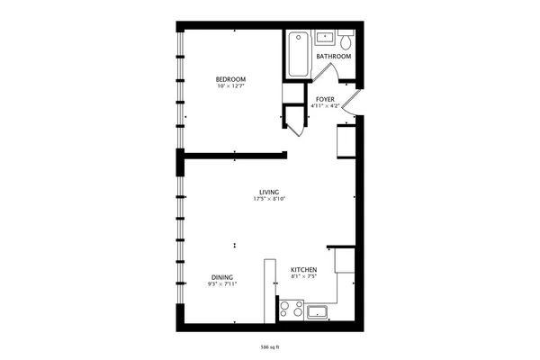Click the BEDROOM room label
click(230, 80)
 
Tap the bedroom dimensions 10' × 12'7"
click(230, 87)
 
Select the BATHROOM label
click(333, 57)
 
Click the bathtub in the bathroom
click(298, 54)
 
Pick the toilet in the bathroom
click(346, 40)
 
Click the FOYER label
click(325, 99)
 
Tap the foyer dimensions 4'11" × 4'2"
click(325, 106)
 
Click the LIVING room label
click(269, 192)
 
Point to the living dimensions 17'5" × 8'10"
click(269, 199)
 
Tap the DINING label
click(222, 277)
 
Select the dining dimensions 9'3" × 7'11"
click(222, 284)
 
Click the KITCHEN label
click(302, 269)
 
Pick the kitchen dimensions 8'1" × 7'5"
click(302, 276)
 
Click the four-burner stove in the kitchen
click(291, 310)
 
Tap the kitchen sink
click(317, 312)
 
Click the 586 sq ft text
click(270, 345)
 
